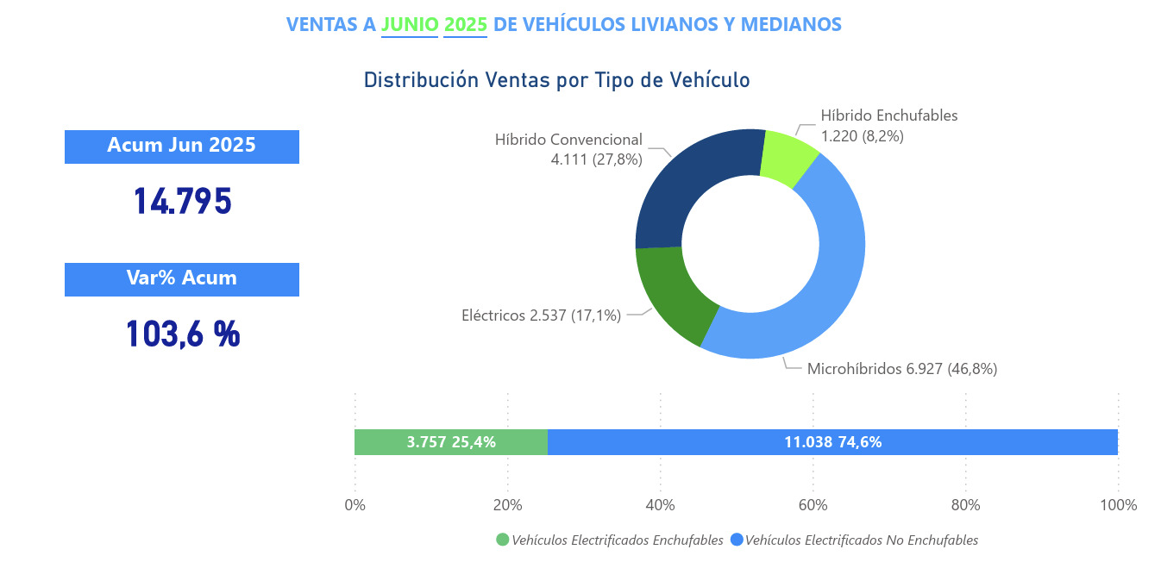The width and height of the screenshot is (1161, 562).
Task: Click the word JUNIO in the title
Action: [410, 24]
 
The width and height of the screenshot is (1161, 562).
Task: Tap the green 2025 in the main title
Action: [466, 24]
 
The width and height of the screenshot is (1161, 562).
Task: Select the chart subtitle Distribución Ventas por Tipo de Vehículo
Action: [556, 80]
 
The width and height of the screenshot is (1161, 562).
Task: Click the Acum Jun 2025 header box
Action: [181, 146]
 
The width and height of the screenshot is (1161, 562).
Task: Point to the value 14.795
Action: [182, 201]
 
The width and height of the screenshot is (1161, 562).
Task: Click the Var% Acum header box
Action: [181, 278]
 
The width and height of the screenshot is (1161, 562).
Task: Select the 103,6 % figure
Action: [182, 334]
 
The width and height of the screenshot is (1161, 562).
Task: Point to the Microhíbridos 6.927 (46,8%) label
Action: [901, 369]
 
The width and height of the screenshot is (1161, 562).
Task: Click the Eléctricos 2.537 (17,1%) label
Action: [541, 315]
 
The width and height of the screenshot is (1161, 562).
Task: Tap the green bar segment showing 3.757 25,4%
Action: [451, 442]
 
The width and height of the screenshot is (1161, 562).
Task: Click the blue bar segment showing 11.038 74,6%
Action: [832, 442]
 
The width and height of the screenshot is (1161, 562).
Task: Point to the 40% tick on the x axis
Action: [660, 505]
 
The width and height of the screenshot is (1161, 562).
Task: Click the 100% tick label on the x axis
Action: [1118, 505]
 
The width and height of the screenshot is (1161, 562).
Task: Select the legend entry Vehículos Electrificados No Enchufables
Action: [854, 540]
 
